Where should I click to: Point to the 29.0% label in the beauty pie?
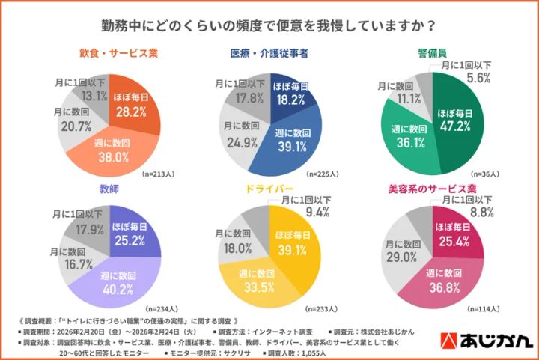point(401,257)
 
